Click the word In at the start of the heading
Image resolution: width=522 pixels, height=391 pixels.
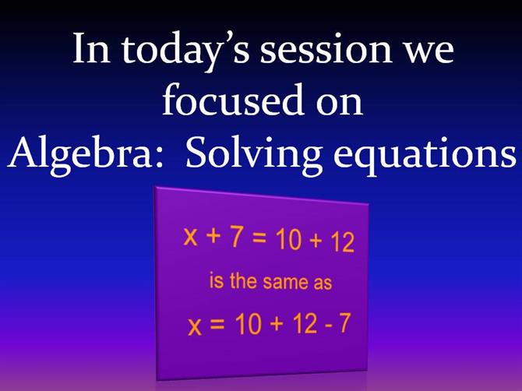coord(91,48)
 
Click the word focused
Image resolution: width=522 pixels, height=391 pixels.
coord(233,99)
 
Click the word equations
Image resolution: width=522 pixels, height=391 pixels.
coord(425,156)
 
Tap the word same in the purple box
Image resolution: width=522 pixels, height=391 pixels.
coord(285,282)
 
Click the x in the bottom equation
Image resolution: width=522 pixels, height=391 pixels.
coord(195,326)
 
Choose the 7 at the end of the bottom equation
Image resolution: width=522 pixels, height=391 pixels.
coord(344,323)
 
